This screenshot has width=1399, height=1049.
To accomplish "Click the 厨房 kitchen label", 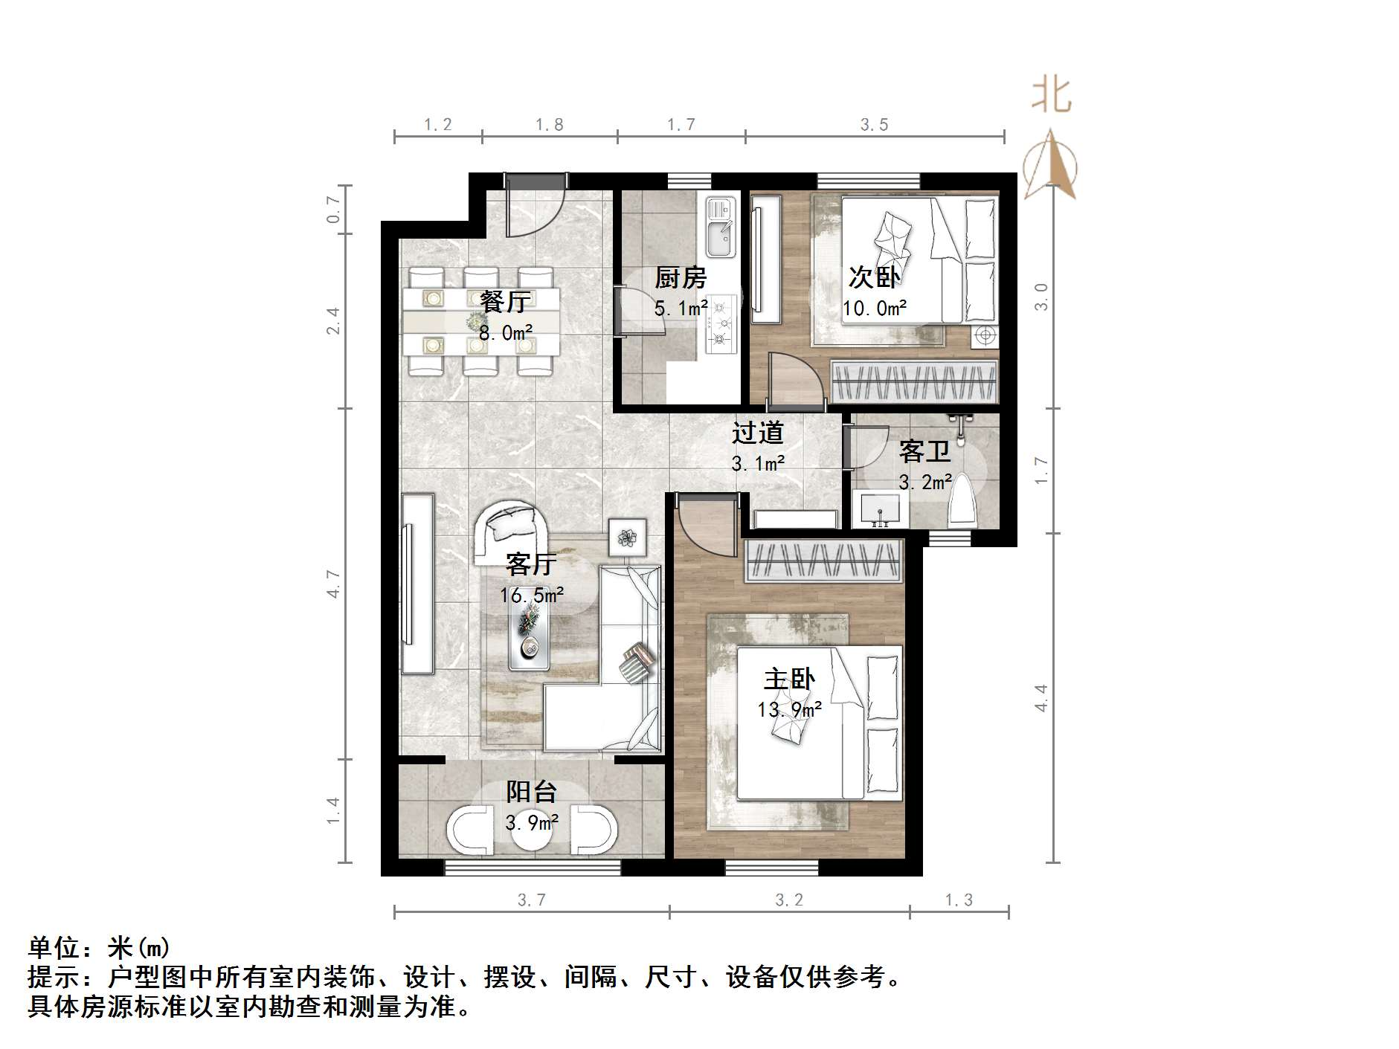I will coord(680,277).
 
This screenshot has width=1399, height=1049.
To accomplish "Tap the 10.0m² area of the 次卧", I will coord(874,307).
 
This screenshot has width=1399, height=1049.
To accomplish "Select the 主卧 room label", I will coord(789,679).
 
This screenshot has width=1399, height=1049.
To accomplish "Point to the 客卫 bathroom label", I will coord(924,451).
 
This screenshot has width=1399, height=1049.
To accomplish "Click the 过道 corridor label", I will coord(757,433).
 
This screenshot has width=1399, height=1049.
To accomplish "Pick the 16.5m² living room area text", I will coord(531,595).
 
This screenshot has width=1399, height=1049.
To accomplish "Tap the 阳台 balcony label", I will coord(531,792).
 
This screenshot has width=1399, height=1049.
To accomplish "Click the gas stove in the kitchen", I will coord(720,323).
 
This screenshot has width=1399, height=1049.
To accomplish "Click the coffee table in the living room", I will coord(530,632).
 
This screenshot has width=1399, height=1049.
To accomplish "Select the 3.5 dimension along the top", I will coord(874,125).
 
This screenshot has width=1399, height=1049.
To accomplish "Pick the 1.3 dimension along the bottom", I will coord(959,900).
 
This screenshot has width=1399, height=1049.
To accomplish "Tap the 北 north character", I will coord(1051,96).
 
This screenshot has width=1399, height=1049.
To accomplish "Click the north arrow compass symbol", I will coord(1050,167).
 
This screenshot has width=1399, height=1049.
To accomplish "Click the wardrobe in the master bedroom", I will coord(823,560).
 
